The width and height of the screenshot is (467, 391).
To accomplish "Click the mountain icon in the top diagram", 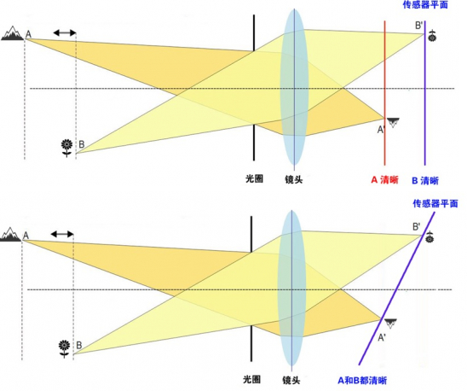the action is (12, 33).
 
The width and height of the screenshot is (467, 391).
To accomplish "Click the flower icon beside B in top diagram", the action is (66, 148).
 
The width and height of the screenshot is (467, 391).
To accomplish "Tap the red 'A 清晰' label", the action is (384, 180).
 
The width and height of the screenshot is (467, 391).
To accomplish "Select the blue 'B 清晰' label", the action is (425, 181).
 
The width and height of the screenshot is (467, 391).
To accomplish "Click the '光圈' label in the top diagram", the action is (254, 178).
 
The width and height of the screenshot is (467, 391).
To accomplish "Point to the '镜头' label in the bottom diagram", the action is (291, 380).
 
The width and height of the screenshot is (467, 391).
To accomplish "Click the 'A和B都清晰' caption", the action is (362, 380).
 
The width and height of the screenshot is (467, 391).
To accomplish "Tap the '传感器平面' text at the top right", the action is (425, 5).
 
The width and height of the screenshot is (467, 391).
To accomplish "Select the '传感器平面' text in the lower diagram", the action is (435, 203).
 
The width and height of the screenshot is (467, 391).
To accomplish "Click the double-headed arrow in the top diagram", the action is (64, 32).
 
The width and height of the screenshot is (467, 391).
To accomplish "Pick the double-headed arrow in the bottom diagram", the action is (62, 234).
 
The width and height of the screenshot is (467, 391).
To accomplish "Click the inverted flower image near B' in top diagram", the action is (432, 36).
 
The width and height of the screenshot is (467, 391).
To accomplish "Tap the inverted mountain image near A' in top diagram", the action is (393, 122).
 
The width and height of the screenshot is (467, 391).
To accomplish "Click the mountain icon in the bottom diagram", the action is (10, 234).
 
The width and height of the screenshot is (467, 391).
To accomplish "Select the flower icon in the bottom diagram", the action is (64, 348).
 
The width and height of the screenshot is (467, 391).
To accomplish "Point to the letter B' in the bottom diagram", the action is (417, 226).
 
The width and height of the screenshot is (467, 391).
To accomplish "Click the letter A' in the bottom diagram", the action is (382, 337).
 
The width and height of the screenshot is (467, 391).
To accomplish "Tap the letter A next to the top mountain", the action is (28, 34).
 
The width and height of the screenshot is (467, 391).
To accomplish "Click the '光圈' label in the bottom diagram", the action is (251, 380).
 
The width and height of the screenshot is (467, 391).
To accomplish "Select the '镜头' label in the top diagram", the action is (294, 179).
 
